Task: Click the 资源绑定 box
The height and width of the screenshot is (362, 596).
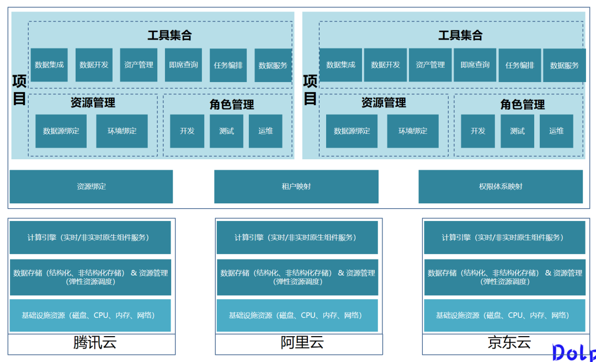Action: click(x=91, y=186)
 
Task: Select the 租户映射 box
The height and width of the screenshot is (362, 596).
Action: click(x=296, y=186)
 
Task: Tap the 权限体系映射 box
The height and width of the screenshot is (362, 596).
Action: click(x=501, y=186)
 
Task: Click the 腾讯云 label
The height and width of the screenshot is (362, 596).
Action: click(x=95, y=343)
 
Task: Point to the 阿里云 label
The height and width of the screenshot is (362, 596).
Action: click(x=302, y=343)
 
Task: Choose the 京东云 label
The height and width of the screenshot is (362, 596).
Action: click(x=509, y=343)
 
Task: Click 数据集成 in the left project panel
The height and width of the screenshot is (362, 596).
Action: click(x=49, y=65)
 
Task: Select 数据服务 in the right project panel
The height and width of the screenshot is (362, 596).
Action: click(x=565, y=65)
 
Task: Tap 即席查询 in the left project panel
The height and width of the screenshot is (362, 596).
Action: click(x=183, y=65)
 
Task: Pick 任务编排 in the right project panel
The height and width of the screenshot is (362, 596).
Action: click(x=520, y=65)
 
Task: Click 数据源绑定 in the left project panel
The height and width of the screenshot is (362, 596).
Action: click(x=61, y=131)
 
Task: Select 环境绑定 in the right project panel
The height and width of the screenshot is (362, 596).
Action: click(x=413, y=131)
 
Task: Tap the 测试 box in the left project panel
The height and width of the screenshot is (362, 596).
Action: click(x=226, y=131)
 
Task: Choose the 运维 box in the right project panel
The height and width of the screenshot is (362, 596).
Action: click(x=556, y=131)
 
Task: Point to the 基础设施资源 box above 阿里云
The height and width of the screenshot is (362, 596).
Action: click(x=297, y=315)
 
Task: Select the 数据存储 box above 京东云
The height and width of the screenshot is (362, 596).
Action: click(x=504, y=277)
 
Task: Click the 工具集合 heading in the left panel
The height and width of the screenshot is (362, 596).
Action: click(x=169, y=35)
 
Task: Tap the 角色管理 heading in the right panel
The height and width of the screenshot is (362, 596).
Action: click(x=522, y=104)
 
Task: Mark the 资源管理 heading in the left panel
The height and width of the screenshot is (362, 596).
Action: click(x=93, y=102)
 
